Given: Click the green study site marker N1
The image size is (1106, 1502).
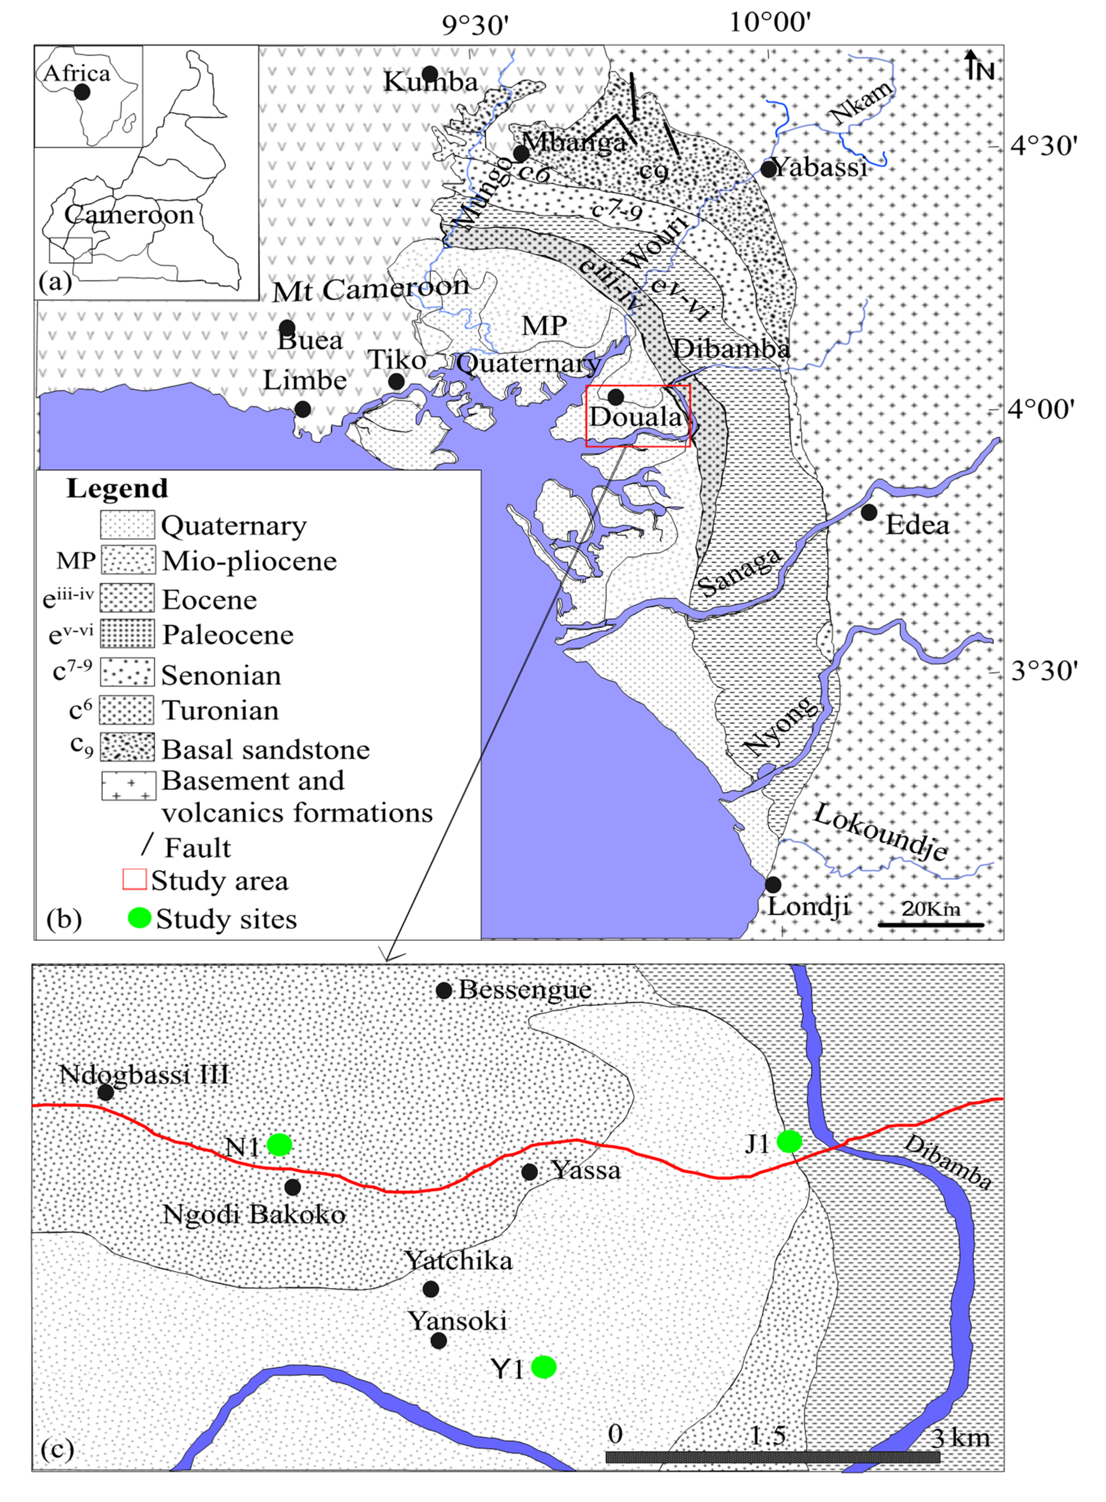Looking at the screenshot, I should pos(279,1144).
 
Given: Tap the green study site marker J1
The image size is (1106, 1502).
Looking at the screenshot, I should pos(789,1140).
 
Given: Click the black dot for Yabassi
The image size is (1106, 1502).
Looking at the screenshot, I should pos(769,169).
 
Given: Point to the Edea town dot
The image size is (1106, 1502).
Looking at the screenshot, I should pos(869,512).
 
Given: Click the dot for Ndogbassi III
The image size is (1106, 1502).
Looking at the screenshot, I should pos(106,1092).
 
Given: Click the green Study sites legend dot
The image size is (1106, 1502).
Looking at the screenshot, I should pos(139,917).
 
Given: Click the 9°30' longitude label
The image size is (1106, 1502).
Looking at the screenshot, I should pos(475,26).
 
